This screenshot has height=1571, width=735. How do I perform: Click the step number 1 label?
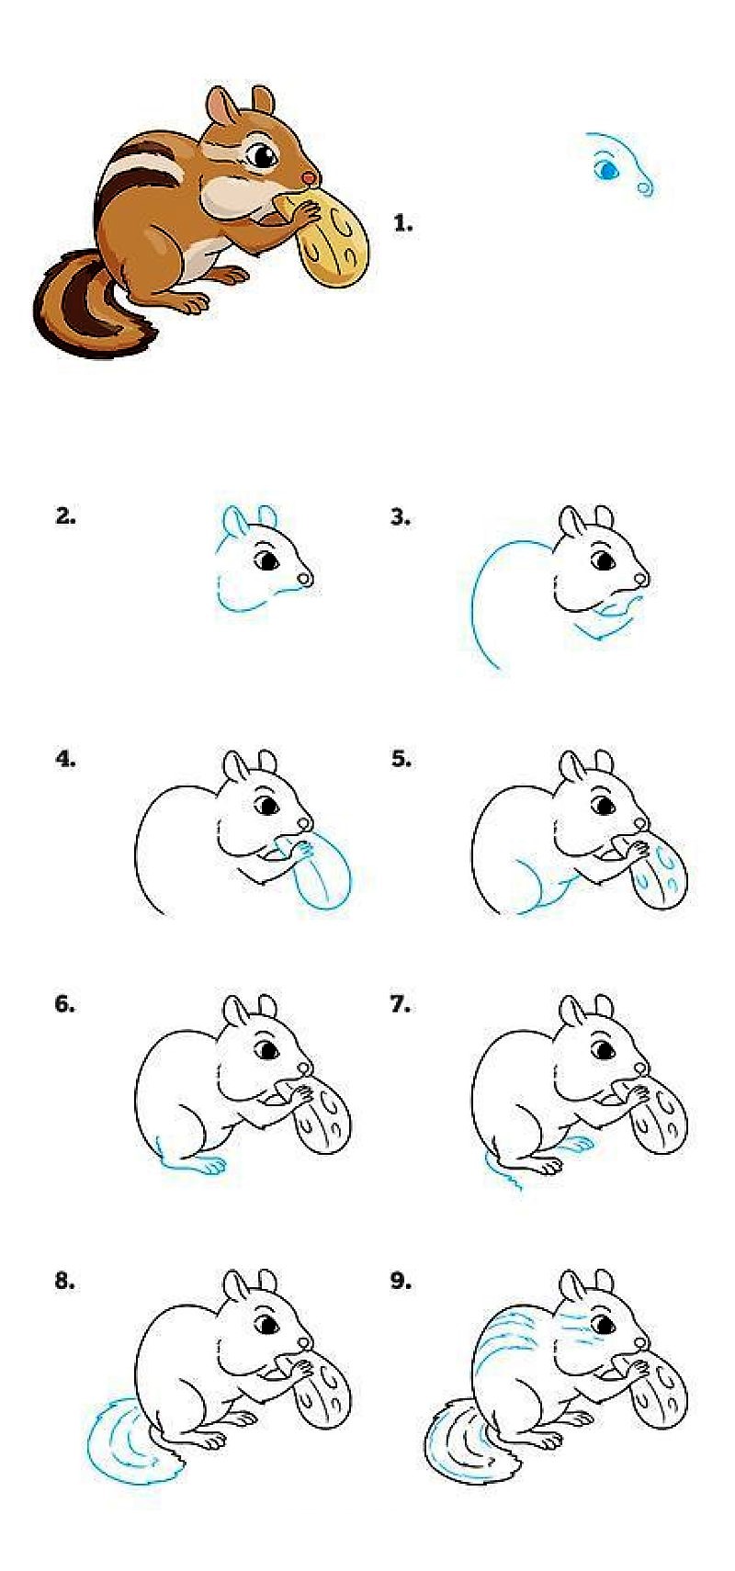[x=402, y=223]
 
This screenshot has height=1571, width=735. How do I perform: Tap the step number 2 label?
[x=64, y=516]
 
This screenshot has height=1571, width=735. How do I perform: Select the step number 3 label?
[x=400, y=517]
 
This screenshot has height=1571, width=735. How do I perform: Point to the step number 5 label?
[x=401, y=760]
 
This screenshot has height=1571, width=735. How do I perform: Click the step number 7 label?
[x=400, y=1004]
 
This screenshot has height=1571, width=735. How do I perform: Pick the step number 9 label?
[x=401, y=1281]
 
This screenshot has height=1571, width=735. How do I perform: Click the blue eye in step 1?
[x=606, y=170]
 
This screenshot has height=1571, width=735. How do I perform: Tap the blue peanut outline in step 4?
[x=323, y=877]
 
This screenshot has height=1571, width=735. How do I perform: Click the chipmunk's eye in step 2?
[x=268, y=559]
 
